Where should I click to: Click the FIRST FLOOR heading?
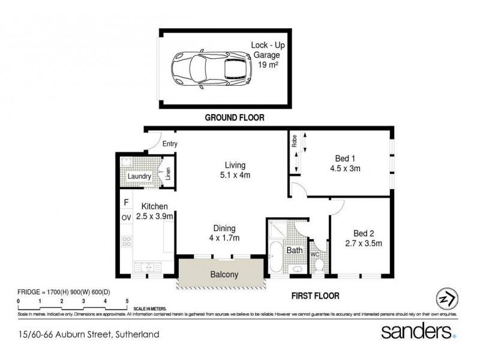pos(314,296)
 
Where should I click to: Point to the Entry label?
pos(170,144)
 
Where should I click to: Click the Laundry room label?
pos(139,176)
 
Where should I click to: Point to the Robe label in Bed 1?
pos(295,142)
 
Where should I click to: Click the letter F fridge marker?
pos(126,203)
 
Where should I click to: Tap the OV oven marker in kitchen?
pos(127,217)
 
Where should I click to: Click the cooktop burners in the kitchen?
pos(127,242)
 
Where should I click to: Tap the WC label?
pos(314,254)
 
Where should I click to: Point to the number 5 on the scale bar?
pos(127,300)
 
